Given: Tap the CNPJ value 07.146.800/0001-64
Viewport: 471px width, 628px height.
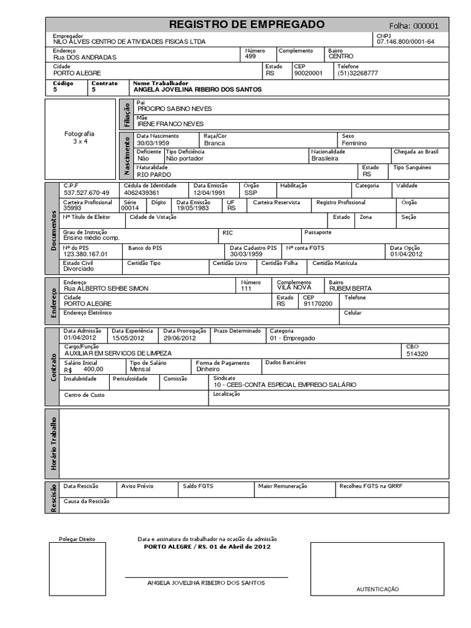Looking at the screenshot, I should click(405, 42).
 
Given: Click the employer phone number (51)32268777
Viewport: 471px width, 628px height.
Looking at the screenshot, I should click(358, 73).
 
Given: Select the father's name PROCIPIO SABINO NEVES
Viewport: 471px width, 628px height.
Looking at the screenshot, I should click(174, 109).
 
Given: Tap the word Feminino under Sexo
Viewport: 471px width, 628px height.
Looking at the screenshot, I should click(354, 143).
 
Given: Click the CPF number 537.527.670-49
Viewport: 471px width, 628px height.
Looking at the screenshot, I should click(86, 193).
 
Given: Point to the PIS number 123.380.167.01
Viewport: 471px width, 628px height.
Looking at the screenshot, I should click(85, 253).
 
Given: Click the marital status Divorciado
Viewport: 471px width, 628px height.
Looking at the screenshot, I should click(79, 269).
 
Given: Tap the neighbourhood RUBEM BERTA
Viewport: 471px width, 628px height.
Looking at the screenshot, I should click(351, 288).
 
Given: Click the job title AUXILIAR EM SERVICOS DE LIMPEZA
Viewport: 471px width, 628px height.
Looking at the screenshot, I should click(118, 353).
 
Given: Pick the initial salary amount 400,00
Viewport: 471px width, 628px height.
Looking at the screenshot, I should click(93, 369).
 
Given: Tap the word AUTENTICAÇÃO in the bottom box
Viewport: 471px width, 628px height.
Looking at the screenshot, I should click(377, 589).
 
